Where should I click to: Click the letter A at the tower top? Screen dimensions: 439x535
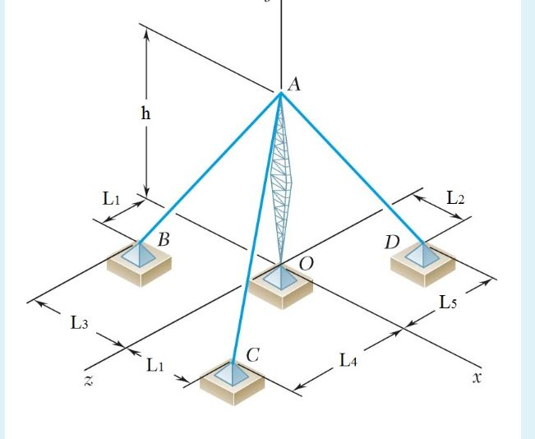point(293,84)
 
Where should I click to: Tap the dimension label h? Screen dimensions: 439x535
point(145,114)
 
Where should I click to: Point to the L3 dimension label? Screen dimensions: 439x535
point(78,323)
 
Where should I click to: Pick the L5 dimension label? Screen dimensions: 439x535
point(448,303)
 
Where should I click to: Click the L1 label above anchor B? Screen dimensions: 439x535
point(113,198)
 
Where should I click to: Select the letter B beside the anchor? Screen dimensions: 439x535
point(164,240)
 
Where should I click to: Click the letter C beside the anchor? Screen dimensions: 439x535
point(253,355)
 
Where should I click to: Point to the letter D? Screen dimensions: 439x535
point(392,243)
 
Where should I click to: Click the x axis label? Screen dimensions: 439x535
point(477,378)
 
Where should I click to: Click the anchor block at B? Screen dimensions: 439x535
point(140,262)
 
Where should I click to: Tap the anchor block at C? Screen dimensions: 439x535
point(233,381)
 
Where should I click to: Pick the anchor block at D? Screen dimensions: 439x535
point(423,261)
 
